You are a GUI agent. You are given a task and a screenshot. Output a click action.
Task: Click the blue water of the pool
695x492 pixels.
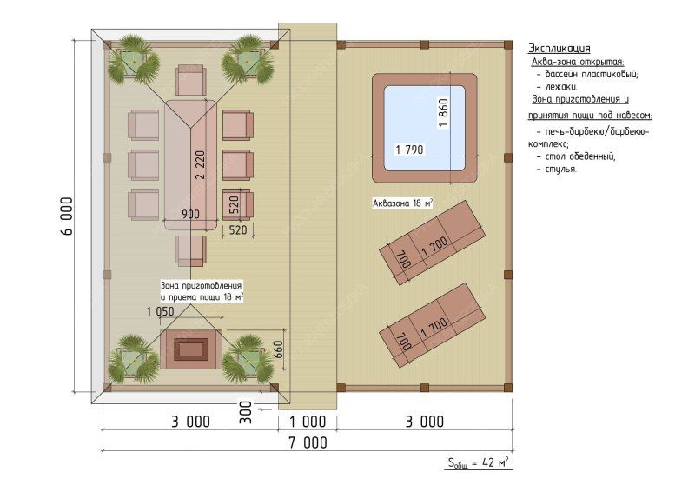click(x=424, y=128)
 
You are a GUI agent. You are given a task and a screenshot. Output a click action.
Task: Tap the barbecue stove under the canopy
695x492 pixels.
click(x=191, y=349)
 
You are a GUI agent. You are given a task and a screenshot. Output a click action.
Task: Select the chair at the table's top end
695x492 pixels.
click(x=190, y=80)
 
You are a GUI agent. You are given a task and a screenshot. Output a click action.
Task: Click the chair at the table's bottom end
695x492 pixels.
click(x=190, y=250)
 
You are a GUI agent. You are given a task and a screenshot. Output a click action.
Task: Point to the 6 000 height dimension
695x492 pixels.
click(x=67, y=216)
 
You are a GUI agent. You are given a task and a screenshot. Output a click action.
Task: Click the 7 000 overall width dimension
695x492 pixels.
click(x=308, y=442)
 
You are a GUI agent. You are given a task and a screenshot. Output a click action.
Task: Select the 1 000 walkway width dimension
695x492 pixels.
click(x=308, y=421)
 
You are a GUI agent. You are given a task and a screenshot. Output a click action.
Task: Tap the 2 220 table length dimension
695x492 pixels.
click(x=201, y=164)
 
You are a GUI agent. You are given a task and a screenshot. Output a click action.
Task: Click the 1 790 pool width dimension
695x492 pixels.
click(x=409, y=150)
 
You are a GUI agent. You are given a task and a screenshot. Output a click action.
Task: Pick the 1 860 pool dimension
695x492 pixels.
click(x=443, y=113)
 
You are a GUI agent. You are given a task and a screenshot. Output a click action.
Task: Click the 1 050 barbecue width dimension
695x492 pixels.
click(x=161, y=311)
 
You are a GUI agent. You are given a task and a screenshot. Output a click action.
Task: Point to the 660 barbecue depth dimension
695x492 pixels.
click(x=278, y=349)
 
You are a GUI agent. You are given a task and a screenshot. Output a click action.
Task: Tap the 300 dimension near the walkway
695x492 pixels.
click(x=245, y=412)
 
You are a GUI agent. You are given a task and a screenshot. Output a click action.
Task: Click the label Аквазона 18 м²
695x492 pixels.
click(x=402, y=203)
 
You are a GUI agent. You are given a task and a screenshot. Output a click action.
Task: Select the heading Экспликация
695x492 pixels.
click(x=559, y=49)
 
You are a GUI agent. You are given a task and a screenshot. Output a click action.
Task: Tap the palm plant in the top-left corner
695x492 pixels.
click(x=134, y=60)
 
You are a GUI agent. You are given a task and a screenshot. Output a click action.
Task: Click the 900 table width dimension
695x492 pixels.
click(x=190, y=215)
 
